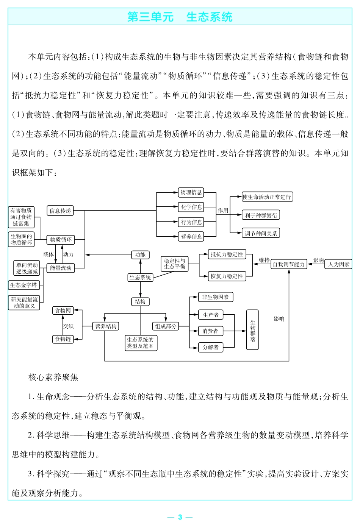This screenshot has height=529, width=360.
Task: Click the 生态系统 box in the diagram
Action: [140, 278]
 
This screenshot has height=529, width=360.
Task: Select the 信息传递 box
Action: [61, 211]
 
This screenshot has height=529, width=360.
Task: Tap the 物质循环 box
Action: [61, 240]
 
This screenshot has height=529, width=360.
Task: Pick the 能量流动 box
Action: [61, 268]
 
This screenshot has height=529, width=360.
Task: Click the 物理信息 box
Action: [191, 192]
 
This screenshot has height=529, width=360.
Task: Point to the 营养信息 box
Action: [191, 237]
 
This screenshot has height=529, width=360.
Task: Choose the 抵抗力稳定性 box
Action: [227, 254]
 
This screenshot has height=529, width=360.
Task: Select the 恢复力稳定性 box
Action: [227, 276]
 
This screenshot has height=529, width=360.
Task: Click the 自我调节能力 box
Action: [289, 264]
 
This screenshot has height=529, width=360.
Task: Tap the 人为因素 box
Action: [338, 264]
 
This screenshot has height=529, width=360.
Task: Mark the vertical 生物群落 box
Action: [252, 329]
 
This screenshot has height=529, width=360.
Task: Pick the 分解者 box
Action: [211, 347]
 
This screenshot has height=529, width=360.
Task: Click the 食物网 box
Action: [63, 311]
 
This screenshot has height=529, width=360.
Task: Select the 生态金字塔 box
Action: [24, 285]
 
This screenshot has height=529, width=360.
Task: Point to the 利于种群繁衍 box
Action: [261, 215]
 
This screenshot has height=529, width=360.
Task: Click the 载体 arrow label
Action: [49, 254]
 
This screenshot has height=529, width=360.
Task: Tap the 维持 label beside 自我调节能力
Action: [264, 260]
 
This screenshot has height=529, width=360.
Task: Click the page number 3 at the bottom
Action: [180, 517]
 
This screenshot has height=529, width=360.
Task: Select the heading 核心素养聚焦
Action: [53, 377]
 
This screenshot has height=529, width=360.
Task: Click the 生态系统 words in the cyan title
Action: [209, 17]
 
